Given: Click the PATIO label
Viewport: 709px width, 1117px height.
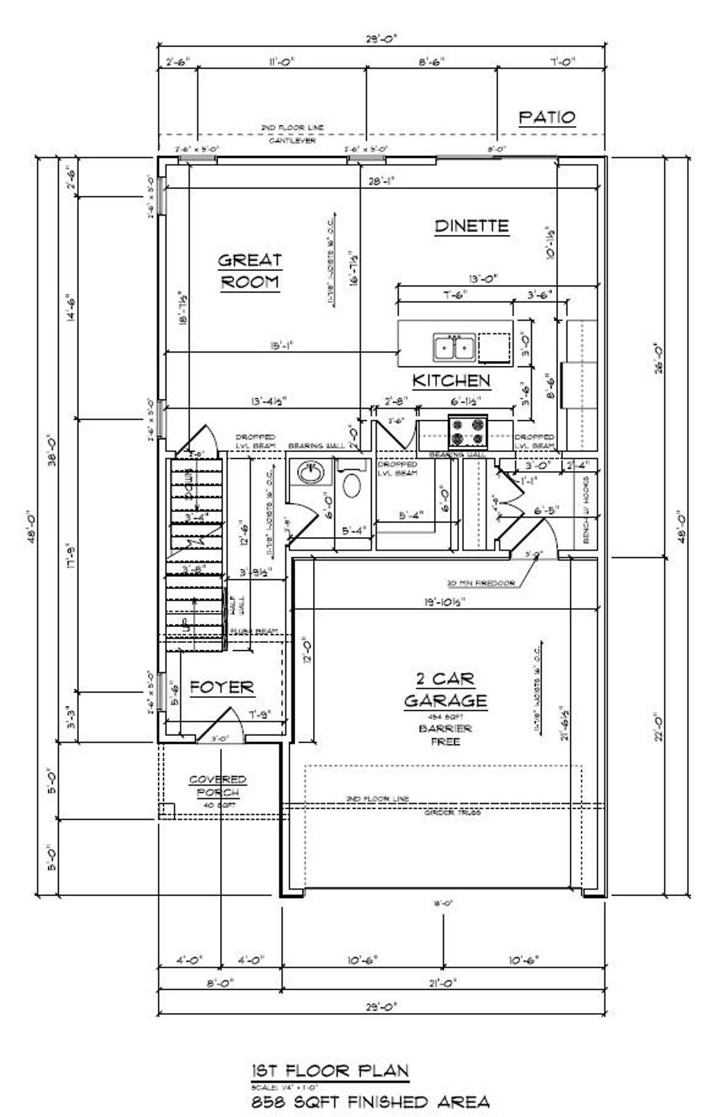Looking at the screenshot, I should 547,117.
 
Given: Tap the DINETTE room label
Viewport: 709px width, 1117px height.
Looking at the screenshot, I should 472,226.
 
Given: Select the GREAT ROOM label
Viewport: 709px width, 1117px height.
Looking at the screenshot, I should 250,271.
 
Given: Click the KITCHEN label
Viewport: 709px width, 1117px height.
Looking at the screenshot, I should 451,380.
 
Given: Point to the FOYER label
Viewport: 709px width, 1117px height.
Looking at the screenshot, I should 222,687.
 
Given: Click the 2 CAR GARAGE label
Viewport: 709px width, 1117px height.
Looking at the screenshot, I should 446,689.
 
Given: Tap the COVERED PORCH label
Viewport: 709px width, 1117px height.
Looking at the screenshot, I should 217,786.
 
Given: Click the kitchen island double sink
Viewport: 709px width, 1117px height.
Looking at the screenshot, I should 454,347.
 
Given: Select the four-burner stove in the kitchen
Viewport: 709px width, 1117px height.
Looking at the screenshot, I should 468,431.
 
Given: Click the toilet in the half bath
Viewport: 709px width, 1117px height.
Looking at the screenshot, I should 352,486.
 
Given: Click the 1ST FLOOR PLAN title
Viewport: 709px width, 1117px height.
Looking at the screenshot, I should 330,1071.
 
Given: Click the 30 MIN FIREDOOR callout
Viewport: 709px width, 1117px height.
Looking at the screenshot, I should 481,583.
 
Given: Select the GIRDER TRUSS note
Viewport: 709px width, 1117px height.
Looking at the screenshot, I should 452,812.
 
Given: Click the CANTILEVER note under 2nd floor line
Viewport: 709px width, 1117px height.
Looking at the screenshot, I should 291,141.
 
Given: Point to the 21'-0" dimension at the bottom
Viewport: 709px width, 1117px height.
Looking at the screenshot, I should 443,983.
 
